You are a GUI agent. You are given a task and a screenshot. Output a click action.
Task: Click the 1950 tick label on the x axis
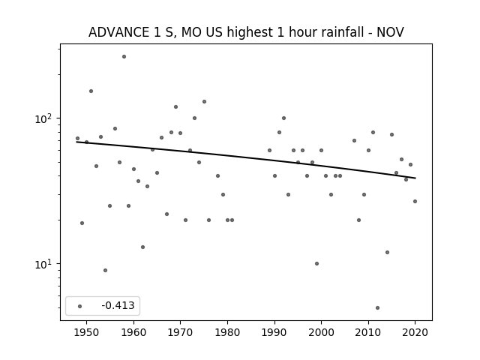(x=87, y=332)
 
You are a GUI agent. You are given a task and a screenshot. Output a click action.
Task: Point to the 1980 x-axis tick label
(x=227, y=332)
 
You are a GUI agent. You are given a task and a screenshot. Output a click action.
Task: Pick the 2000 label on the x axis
(x=321, y=332)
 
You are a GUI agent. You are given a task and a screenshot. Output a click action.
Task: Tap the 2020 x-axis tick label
(x=415, y=332)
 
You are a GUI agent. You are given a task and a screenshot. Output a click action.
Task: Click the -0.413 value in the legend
(x=118, y=305)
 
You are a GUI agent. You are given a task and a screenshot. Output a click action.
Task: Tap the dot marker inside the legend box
(x=80, y=306)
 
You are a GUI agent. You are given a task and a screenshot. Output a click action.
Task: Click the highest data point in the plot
(x=124, y=57)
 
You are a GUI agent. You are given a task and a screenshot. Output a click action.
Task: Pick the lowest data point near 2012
(x=377, y=307)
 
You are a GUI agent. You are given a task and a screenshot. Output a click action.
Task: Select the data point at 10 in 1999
(x=316, y=263)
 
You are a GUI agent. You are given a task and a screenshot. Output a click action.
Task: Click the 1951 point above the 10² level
(x=91, y=91)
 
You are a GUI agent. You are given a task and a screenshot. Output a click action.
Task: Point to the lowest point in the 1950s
(x=105, y=270)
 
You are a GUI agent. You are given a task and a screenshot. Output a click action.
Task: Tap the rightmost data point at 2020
(x=415, y=201)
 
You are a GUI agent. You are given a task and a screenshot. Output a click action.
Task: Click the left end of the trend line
(x=76, y=142)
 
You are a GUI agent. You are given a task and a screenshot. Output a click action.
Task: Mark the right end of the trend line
(x=415, y=178)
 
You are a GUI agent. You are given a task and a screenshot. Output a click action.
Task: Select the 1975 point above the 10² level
(x=204, y=102)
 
